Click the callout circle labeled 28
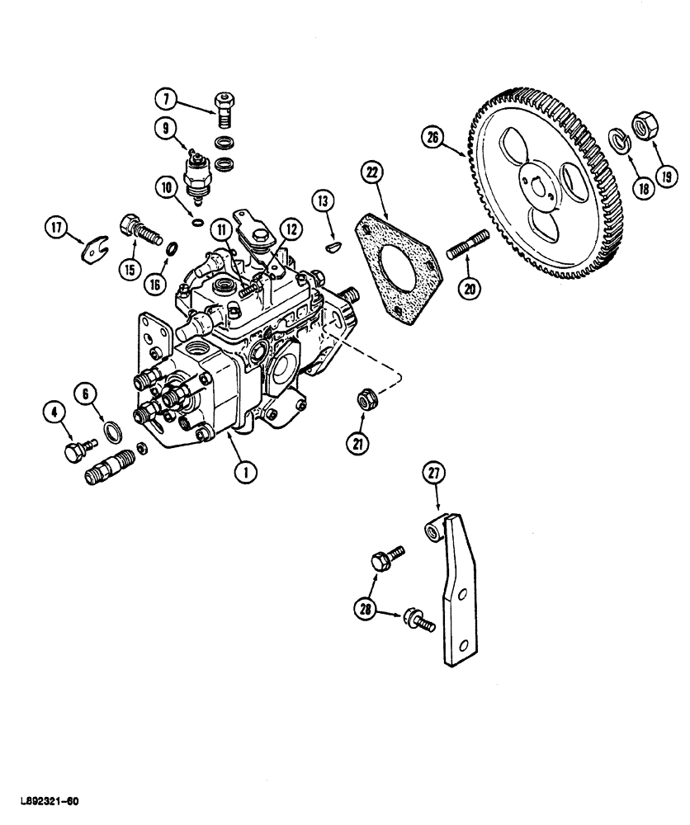click(365, 610)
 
